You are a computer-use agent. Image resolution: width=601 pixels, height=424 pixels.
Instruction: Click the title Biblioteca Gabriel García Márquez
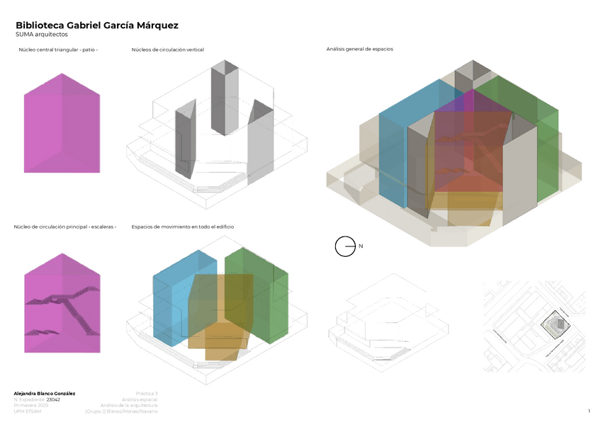pos(97,25)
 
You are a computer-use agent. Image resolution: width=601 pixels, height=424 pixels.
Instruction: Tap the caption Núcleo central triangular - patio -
pos(58,50)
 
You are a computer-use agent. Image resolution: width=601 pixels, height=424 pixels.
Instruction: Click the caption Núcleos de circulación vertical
pos(167,50)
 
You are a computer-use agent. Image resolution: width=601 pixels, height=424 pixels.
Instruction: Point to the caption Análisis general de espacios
pos(359,50)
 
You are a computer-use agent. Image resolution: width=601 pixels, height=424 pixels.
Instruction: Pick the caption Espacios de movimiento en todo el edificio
pos(182,227)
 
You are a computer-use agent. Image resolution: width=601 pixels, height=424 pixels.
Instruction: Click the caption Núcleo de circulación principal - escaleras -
pos(64,227)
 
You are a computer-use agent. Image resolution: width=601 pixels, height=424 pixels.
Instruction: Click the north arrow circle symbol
pos(344,246)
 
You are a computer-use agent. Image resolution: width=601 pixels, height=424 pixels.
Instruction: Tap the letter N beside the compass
pos(361,246)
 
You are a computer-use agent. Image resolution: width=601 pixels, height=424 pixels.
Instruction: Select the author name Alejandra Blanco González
pos(45,393)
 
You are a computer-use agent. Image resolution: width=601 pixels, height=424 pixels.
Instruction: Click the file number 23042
pos(53,399)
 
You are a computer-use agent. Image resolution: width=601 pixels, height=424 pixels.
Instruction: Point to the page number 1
pos(588,411)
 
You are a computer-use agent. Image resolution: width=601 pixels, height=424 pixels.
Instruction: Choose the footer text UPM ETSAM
pos(28,411)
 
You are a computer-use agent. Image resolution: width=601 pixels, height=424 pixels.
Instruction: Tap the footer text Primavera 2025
pos(30,406)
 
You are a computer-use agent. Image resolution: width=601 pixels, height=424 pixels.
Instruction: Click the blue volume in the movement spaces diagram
pos(171,304)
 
